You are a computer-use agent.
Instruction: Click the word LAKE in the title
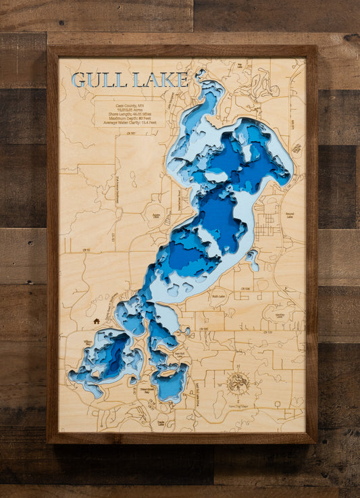click(x=161, y=80)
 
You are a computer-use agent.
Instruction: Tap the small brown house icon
click(x=97, y=321)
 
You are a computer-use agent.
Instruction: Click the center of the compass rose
click(x=238, y=382)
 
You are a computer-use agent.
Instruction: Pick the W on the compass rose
click(x=226, y=382)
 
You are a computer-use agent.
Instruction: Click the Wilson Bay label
click(x=88, y=343)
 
